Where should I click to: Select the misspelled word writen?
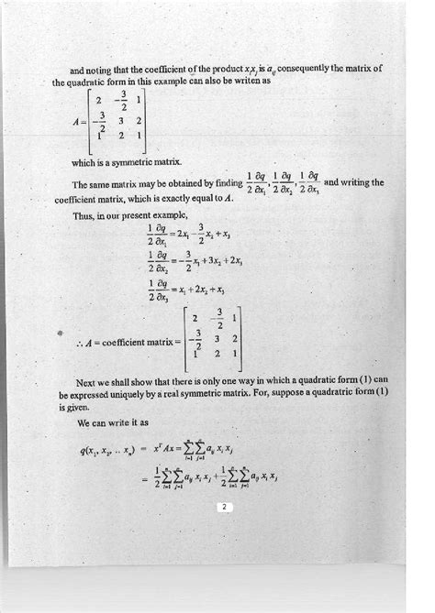click(246, 80)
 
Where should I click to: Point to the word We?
click(84, 424)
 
